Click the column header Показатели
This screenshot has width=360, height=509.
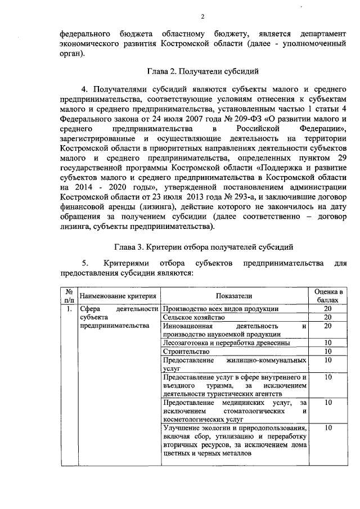[x=233, y=296]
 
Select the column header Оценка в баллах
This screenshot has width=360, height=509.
[x=328, y=296]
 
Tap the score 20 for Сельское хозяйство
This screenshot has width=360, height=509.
[x=328, y=317]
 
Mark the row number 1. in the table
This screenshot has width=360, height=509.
[x=69, y=308]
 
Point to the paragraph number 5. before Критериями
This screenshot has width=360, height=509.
[x=85, y=263]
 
